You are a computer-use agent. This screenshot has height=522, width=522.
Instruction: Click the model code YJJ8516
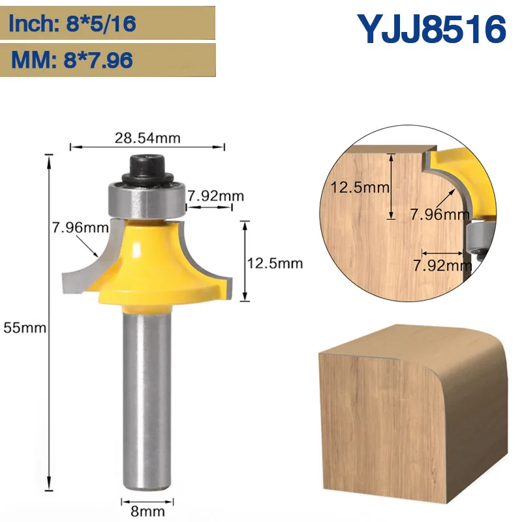[431, 29]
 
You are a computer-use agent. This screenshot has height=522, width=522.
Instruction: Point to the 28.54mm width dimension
[147, 138]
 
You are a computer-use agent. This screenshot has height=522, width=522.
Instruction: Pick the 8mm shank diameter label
[147, 512]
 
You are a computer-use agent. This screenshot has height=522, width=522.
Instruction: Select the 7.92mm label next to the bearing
[215, 196]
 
